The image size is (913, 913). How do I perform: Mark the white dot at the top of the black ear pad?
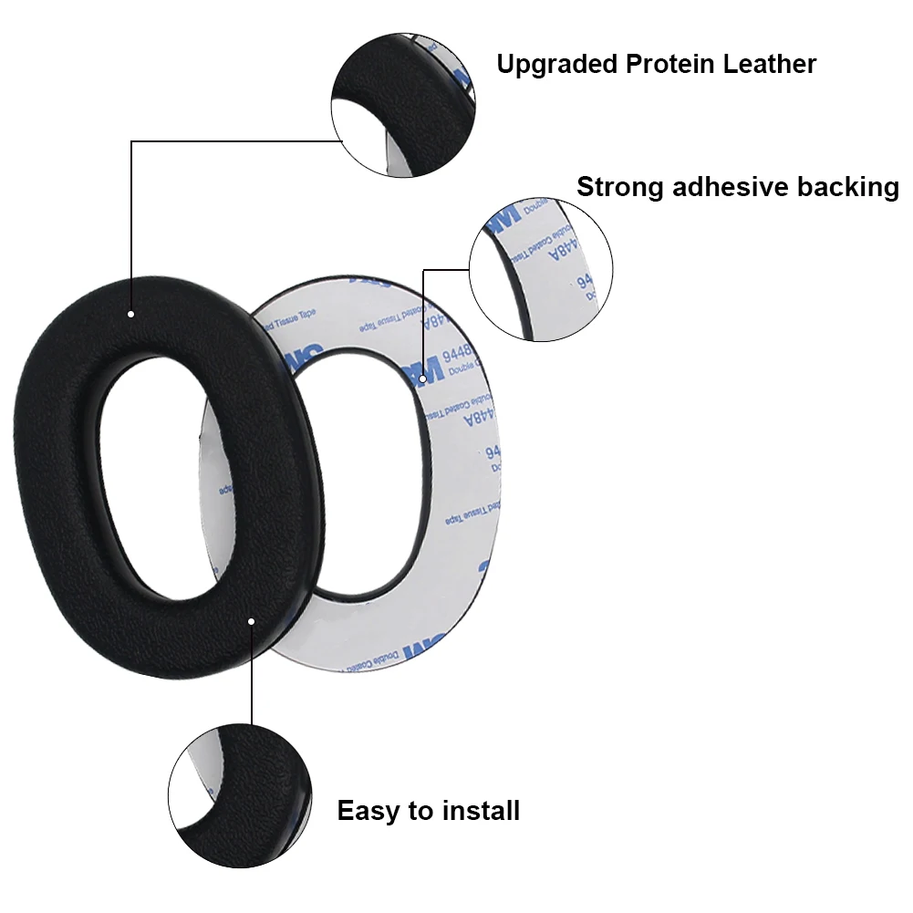tap(131, 314)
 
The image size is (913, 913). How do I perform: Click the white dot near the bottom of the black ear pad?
tap(252, 620)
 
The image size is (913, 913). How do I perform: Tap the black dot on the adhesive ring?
tap(423, 378)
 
